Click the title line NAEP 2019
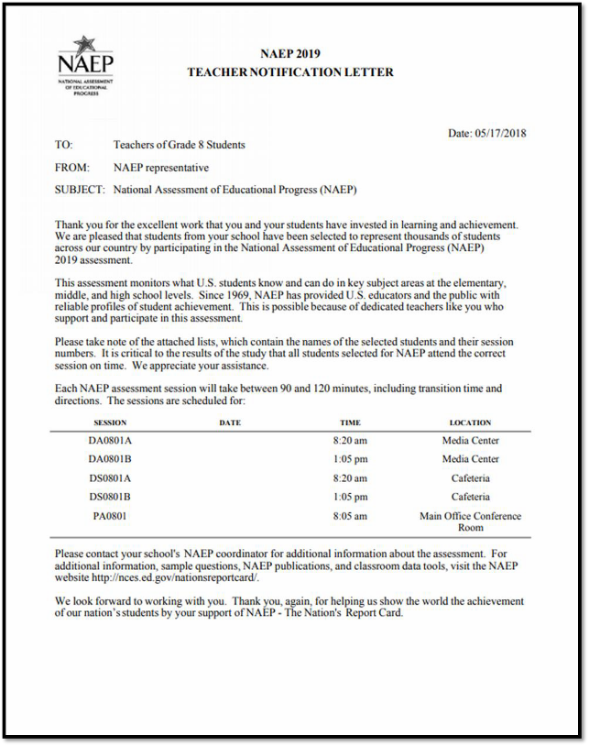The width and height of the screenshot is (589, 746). tap(290, 53)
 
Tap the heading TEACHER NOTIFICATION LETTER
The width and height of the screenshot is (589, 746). tap(290, 72)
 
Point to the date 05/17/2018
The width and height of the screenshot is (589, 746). tap(500, 133)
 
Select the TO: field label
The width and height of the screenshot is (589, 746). tap(63, 145)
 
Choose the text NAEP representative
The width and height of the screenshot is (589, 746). tap(161, 168)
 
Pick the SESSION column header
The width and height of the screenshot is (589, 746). tap(110, 422)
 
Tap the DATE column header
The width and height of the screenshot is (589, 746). tap(230, 422)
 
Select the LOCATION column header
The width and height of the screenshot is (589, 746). tap(470, 422)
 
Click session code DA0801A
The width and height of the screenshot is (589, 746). tap(110, 441)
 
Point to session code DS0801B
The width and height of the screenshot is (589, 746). tap(110, 497)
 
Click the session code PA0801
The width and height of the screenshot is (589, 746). tap(110, 516)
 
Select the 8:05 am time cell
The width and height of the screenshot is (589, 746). tap(350, 516)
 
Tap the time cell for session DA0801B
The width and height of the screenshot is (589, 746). tap(350, 459)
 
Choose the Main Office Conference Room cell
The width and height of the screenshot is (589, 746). tap(470, 521)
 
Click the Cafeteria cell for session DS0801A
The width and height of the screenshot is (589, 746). tap(470, 478)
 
